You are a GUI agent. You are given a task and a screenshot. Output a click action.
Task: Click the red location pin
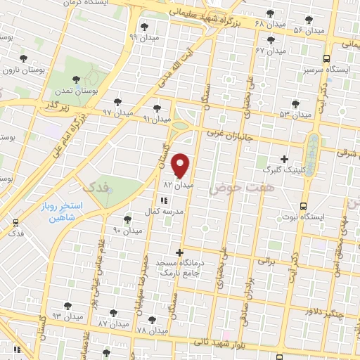click(x=181, y=165)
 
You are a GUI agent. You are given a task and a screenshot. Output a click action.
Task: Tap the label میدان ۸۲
click(x=178, y=185)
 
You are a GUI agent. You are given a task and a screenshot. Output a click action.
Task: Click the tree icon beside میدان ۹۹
click(x=144, y=26)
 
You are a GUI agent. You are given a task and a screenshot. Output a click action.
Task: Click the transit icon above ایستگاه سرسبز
click(x=326, y=59)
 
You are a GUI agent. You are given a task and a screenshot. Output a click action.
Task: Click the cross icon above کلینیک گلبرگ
click(x=284, y=158)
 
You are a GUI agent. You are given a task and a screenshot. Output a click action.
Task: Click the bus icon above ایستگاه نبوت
click(x=303, y=206)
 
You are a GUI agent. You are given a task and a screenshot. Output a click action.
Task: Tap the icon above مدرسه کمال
click(x=165, y=201)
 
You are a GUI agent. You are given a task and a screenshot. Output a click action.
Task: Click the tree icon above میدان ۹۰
click(x=127, y=219)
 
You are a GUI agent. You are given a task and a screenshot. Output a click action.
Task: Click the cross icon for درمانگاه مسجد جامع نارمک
click(x=180, y=252)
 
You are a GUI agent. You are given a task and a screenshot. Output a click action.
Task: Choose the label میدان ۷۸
click(x=152, y=330)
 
